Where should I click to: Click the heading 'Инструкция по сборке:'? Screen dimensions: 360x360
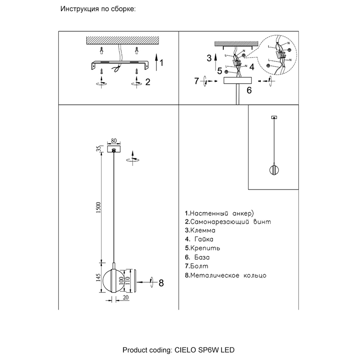pos(98,9)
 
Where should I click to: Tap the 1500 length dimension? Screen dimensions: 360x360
pos(99,208)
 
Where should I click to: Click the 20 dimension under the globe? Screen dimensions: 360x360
pos(125,298)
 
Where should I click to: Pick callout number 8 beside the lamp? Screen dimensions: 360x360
pos(161,283)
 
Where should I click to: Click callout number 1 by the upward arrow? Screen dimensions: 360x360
pos(161,63)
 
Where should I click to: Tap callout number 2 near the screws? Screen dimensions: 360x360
pos(147,82)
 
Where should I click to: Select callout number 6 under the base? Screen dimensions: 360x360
pos(248,90)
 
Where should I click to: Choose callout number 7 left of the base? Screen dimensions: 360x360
pos(197,81)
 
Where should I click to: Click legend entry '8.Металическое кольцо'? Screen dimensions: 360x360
pos(226,276)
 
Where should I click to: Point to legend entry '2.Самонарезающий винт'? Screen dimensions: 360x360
pos(228,222)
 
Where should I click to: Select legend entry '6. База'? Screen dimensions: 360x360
pos(197,258)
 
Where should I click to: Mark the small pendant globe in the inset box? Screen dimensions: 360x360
pos(274,170)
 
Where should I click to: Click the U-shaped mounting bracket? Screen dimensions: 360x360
pos(119,65)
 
